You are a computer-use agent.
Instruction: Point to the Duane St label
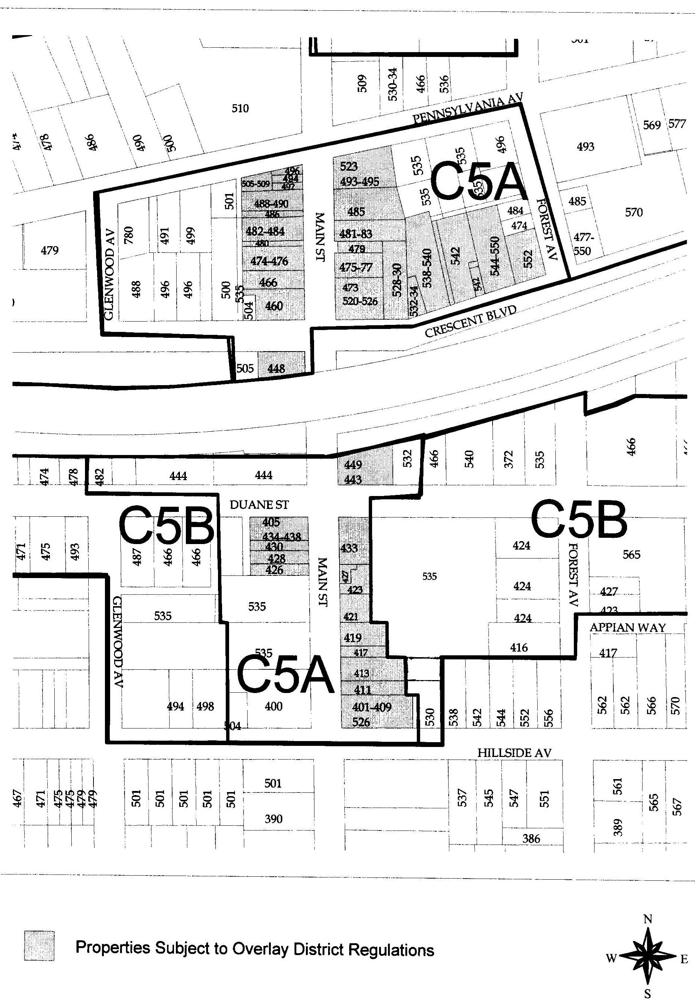259,505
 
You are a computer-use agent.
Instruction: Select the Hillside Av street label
514,753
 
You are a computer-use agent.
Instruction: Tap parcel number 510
240,108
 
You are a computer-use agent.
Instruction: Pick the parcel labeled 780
129,235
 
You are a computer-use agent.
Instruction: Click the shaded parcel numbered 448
276,368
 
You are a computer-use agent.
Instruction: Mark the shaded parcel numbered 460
274,306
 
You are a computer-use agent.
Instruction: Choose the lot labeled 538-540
427,268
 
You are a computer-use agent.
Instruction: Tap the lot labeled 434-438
281,537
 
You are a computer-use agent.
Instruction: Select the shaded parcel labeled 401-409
371,707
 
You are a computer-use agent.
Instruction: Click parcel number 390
273,819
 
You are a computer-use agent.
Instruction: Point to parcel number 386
531,839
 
